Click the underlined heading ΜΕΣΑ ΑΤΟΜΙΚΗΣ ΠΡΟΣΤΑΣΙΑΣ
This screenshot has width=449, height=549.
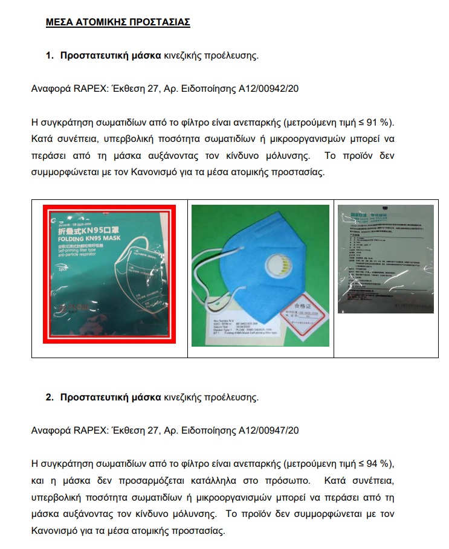pyautogui.click(x=118, y=22)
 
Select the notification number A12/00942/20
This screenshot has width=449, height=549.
pyautogui.click(x=268, y=89)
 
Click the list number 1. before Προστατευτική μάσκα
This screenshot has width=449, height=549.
pyautogui.click(x=50, y=56)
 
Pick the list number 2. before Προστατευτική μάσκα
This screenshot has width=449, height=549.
pyautogui.click(x=50, y=398)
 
